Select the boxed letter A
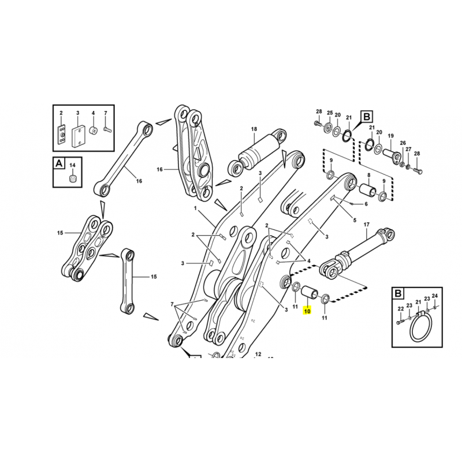[x=59, y=164]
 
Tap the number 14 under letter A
[x=73, y=166]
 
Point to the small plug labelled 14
[x=73, y=178]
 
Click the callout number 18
[x=254, y=129]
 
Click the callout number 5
[x=355, y=219]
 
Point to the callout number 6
[x=366, y=204]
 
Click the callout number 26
[x=403, y=143]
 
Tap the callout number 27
[x=408, y=150]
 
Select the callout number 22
[x=400, y=309]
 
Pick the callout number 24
[x=435, y=296]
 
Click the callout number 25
[x=330, y=112]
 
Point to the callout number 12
[x=258, y=354]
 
